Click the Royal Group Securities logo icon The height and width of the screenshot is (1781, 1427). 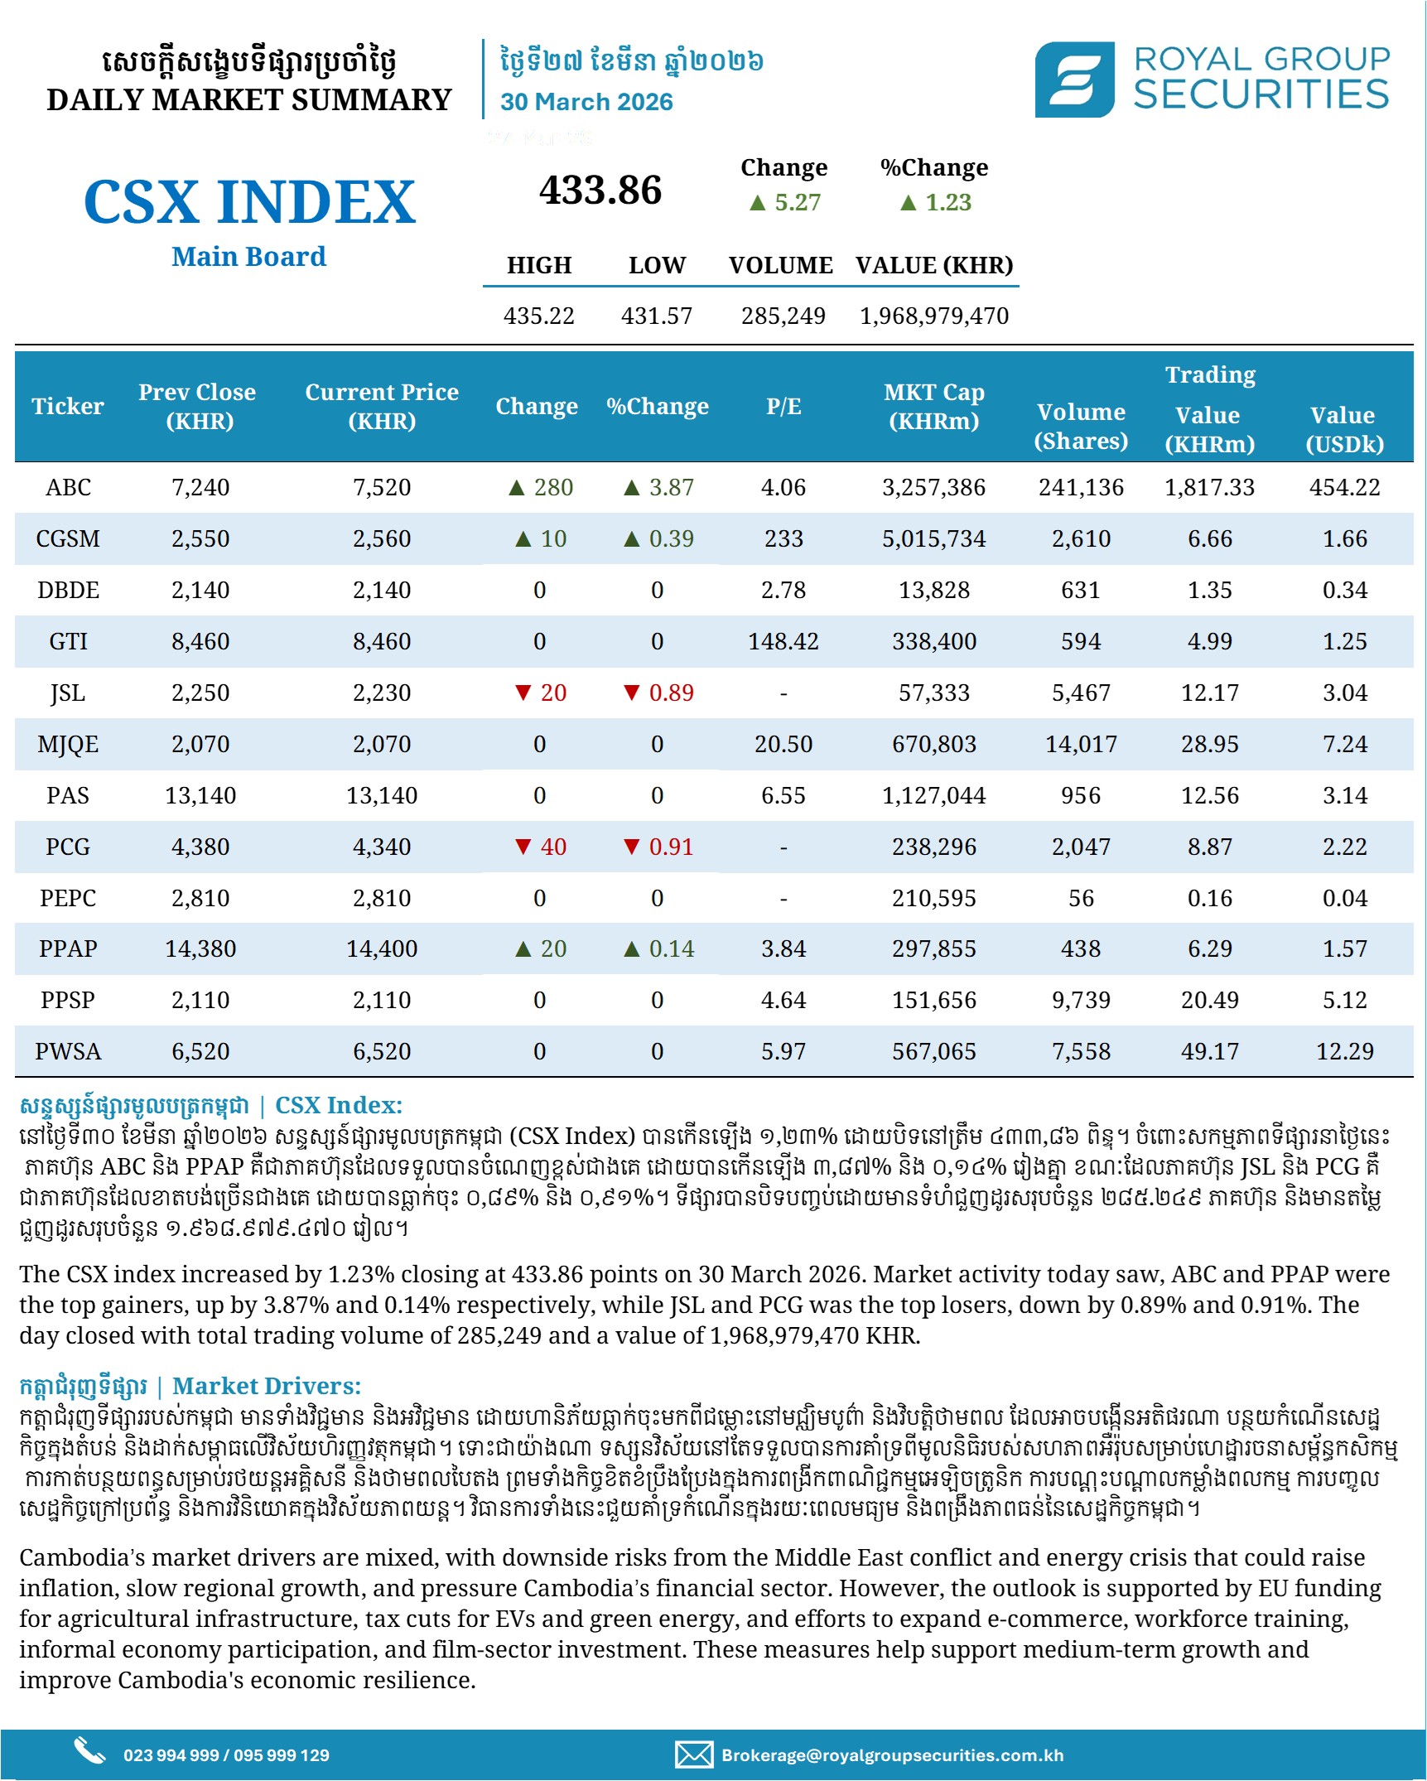coord(1074,80)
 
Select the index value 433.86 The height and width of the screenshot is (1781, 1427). coord(600,191)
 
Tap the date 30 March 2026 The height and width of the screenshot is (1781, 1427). coord(586,102)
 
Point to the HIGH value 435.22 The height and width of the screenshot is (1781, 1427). coord(538,316)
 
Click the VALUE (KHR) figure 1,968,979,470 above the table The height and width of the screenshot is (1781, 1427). coord(933,316)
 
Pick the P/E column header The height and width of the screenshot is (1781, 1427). coord(783,406)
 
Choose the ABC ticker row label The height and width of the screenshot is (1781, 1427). coord(68,487)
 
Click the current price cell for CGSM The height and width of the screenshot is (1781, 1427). coord(381,538)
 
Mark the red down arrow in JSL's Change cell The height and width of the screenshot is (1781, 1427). coord(523,693)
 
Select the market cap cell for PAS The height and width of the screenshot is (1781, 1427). coord(933,795)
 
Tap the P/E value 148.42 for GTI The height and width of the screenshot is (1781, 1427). coord(783,641)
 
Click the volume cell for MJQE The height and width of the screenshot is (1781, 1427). coord(1081,744)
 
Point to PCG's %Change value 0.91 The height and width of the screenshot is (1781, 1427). coord(671,847)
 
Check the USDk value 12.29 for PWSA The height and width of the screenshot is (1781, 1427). coord(1344,1051)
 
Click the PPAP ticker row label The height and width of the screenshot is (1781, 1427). coord(68,948)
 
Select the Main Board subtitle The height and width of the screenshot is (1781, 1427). coord(248,257)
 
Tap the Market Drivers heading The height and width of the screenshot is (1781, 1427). coord(266,1386)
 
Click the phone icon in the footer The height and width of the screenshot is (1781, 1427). coord(89,1750)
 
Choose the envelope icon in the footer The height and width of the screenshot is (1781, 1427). coord(693,1754)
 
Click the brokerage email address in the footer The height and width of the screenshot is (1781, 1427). coord(892,1754)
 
